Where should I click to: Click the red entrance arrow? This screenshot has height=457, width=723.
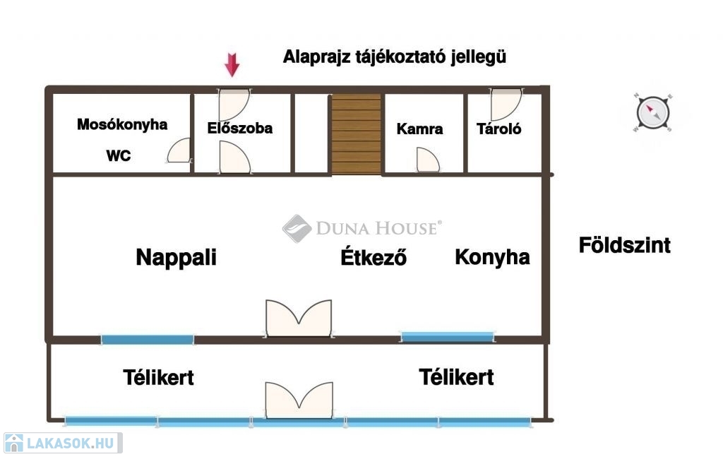232,65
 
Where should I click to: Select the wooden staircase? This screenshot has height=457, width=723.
356,133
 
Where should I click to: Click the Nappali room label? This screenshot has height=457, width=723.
176,257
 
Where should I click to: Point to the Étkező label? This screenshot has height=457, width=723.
374,257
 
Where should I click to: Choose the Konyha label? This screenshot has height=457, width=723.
492,256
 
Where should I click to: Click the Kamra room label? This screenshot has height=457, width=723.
420,129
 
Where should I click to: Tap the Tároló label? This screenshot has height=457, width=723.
499,129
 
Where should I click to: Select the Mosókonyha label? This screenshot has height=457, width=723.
122,125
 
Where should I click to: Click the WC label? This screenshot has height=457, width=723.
118,156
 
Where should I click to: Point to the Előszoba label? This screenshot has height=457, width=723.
240,129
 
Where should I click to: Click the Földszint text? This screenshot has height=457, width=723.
624,246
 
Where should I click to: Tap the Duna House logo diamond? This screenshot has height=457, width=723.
297,229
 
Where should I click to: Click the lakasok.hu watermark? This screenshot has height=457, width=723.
62,443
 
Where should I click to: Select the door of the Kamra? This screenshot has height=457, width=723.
428,160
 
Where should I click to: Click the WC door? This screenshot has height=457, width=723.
179,151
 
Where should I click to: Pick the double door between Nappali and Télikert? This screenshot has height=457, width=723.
299,318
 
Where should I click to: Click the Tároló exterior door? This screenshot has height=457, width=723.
506,104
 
